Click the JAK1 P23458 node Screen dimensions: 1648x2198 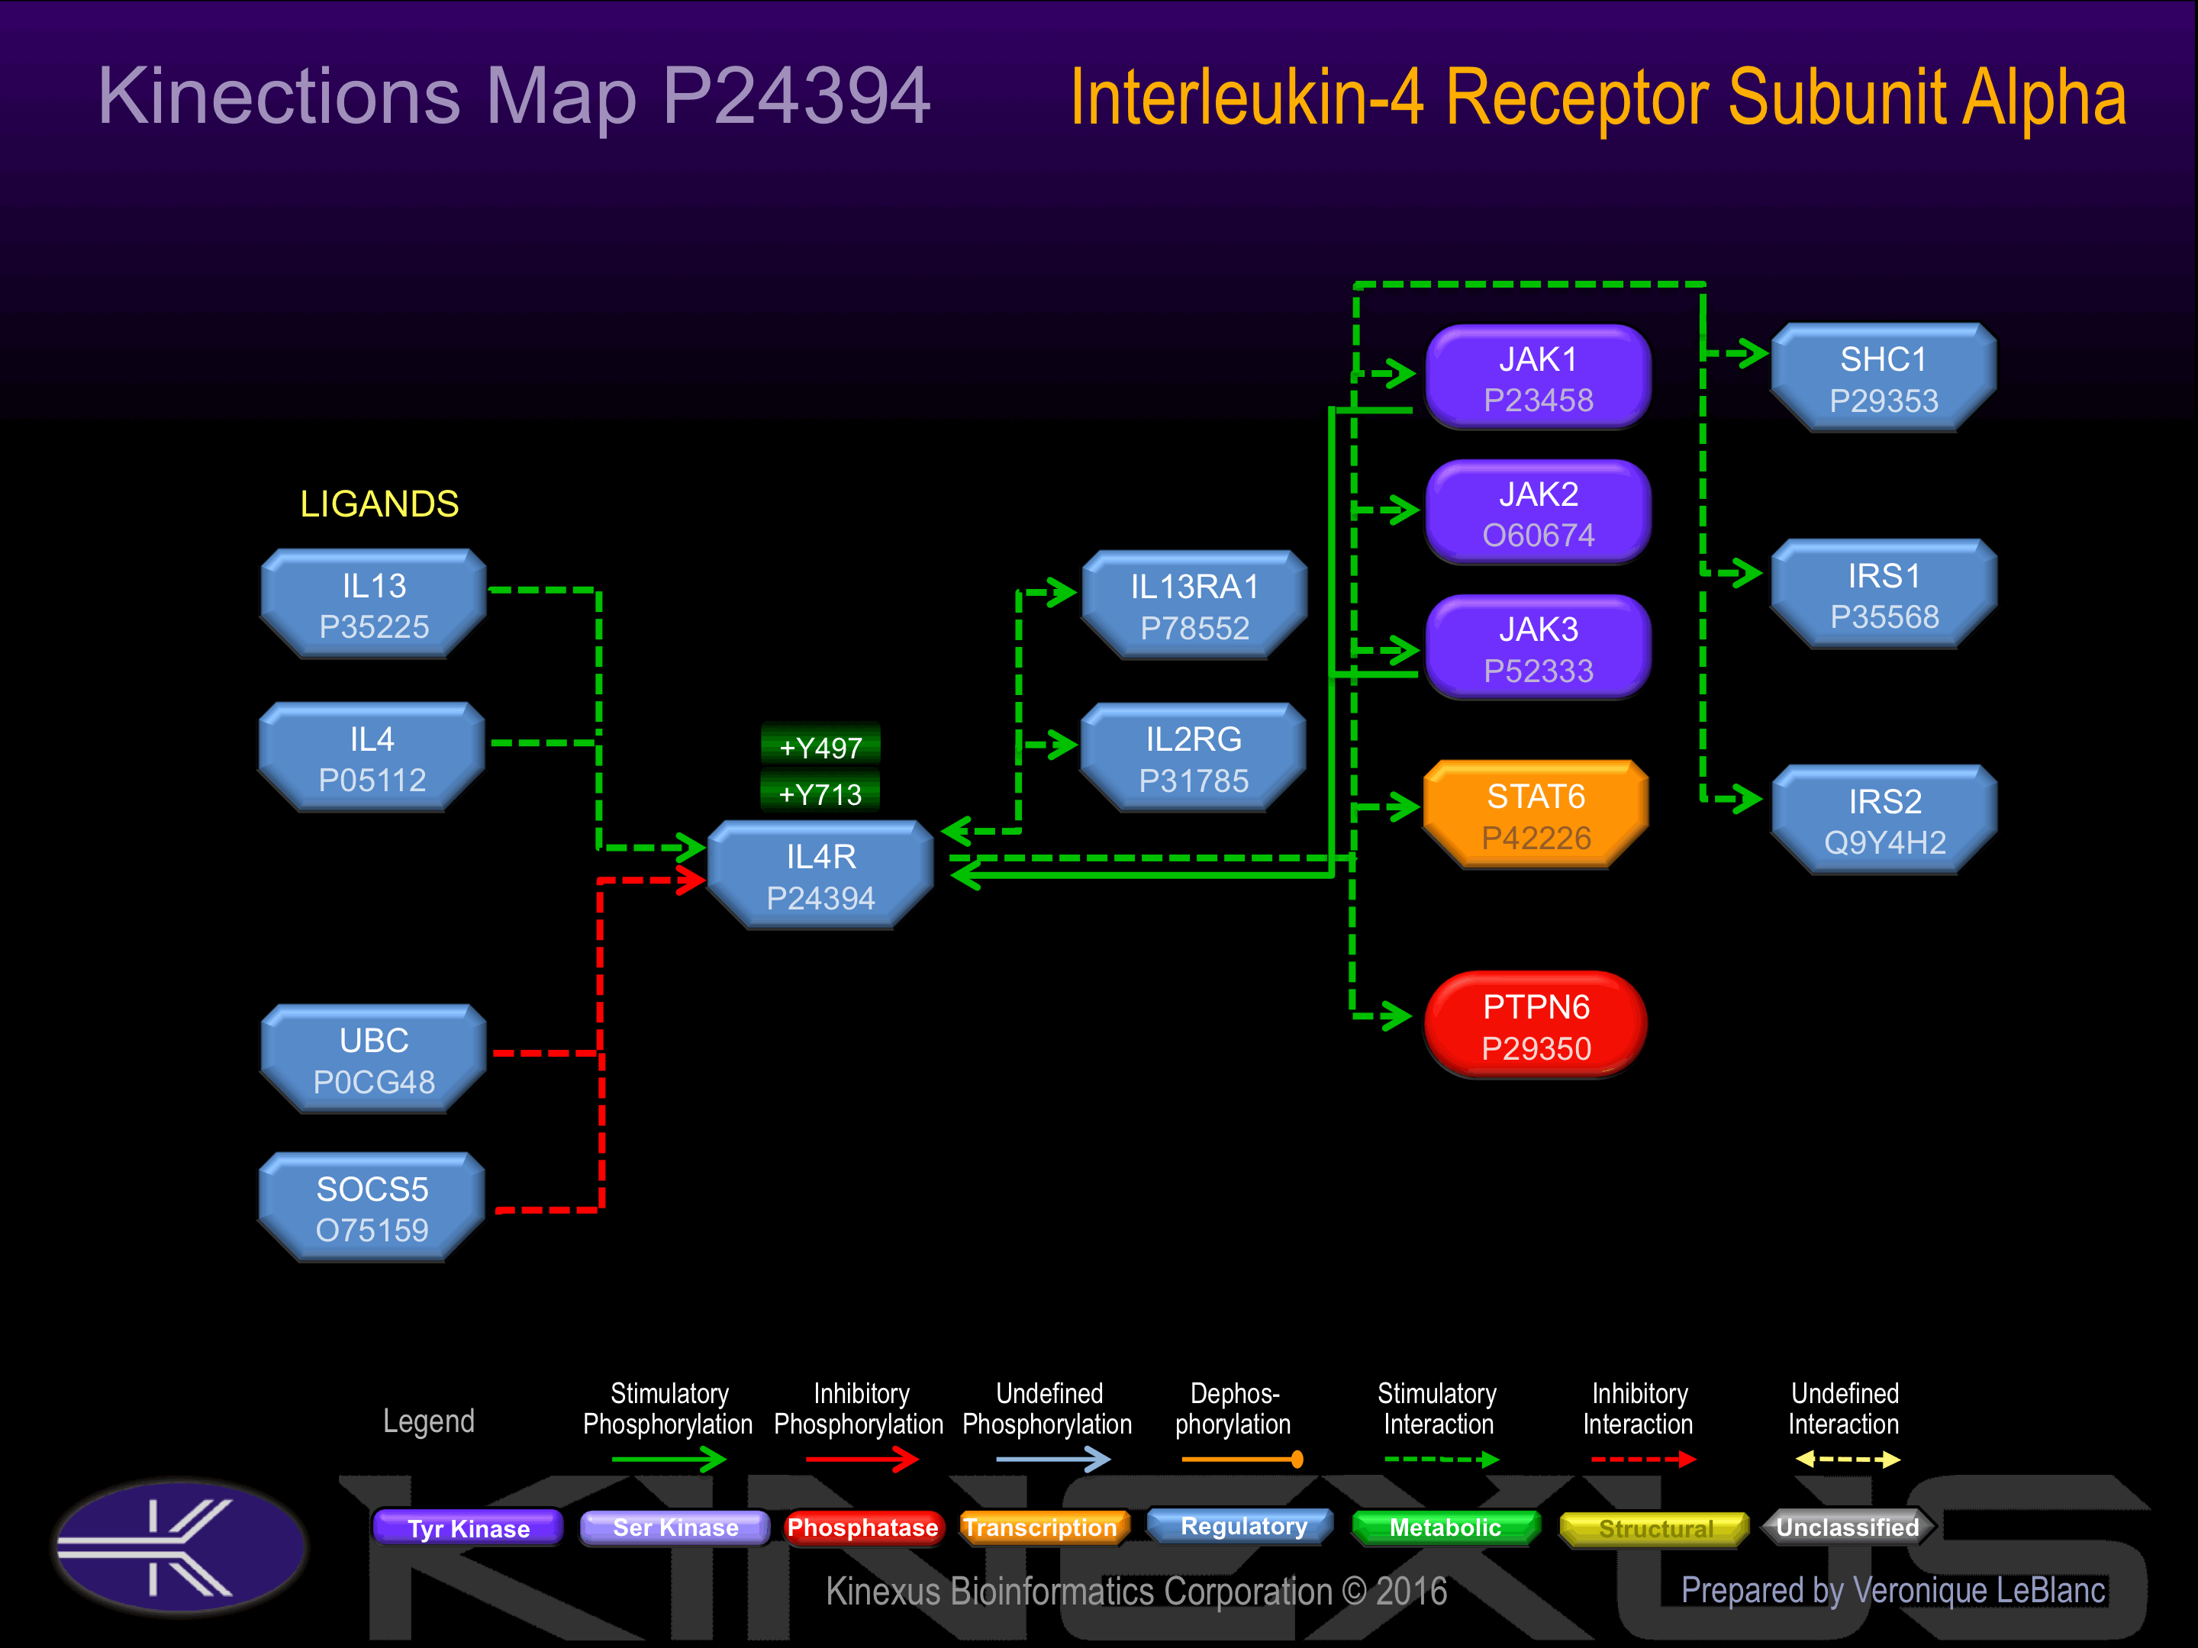[1537, 378]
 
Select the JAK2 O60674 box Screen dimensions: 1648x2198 [1537, 513]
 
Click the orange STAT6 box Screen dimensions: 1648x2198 [1536, 816]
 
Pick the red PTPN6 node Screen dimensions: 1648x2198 [1536, 1026]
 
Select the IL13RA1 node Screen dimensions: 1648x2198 [1194, 606]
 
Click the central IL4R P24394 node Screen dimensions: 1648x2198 [820, 876]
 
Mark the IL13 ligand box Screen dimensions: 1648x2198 [374, 605]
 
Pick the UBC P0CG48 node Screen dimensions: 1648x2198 [374, 1060]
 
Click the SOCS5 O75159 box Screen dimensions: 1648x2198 [372, 1208]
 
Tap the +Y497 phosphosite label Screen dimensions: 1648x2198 [820, 746]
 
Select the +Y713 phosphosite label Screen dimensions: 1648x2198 [820, 793]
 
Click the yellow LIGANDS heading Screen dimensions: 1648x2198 [379, 504]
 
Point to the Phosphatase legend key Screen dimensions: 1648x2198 [862, 1527]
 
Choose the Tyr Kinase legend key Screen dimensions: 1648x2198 [468, 1527]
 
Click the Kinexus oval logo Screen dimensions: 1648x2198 [180, 1546]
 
